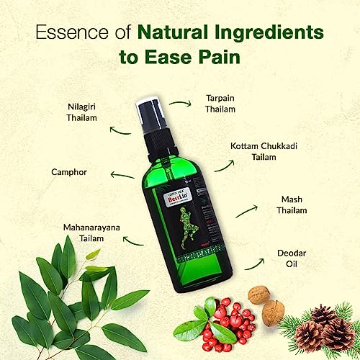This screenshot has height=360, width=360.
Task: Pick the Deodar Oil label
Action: pyautogui.click(x=294, y=258)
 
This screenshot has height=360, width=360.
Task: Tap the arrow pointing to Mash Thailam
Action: pyautogui.click(x=248, y=210)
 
